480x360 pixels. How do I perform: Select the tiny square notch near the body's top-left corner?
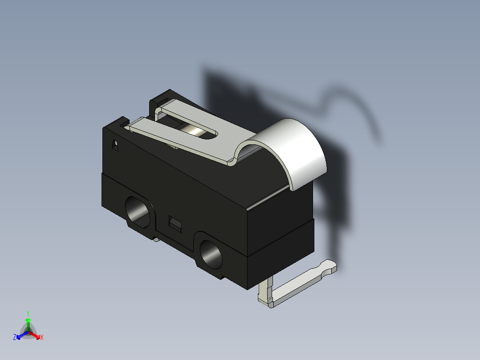[x=115, y=145]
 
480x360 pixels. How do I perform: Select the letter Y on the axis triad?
[x=28, y=313]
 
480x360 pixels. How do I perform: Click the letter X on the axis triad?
[x=41, y=338]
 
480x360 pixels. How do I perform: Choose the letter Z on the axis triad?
[x=15, y=338]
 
